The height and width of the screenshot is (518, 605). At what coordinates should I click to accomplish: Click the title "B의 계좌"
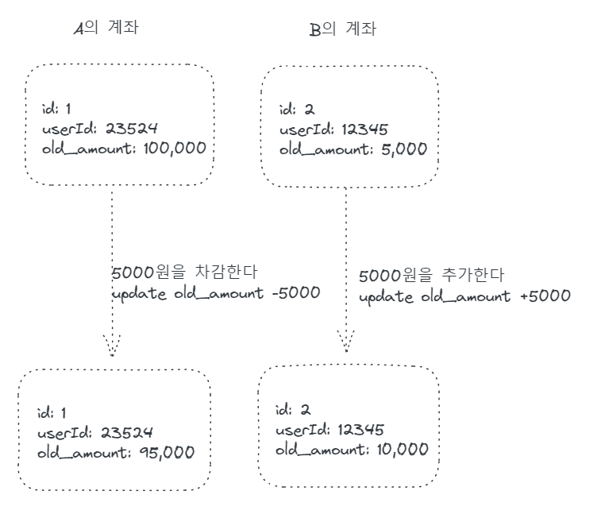[x=342, y=30]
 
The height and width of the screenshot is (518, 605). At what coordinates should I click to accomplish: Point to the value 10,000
[x=398, y=450]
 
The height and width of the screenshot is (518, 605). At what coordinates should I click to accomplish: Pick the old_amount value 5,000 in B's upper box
[x=400, y=149]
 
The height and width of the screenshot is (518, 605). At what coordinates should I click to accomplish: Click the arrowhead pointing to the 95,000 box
[x=111, y=345]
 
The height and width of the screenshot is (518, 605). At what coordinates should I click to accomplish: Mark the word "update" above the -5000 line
[x=140, y=292]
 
